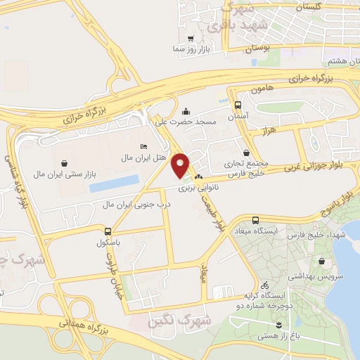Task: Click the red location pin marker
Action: point(181,165)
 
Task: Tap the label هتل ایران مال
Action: point(143,156)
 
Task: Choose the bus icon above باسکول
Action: point(108,231)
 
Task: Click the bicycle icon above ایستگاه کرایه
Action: point(264,285)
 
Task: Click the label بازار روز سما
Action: point(191,50)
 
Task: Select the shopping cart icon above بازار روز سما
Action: point(191,39)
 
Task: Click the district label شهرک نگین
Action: point(176,322)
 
